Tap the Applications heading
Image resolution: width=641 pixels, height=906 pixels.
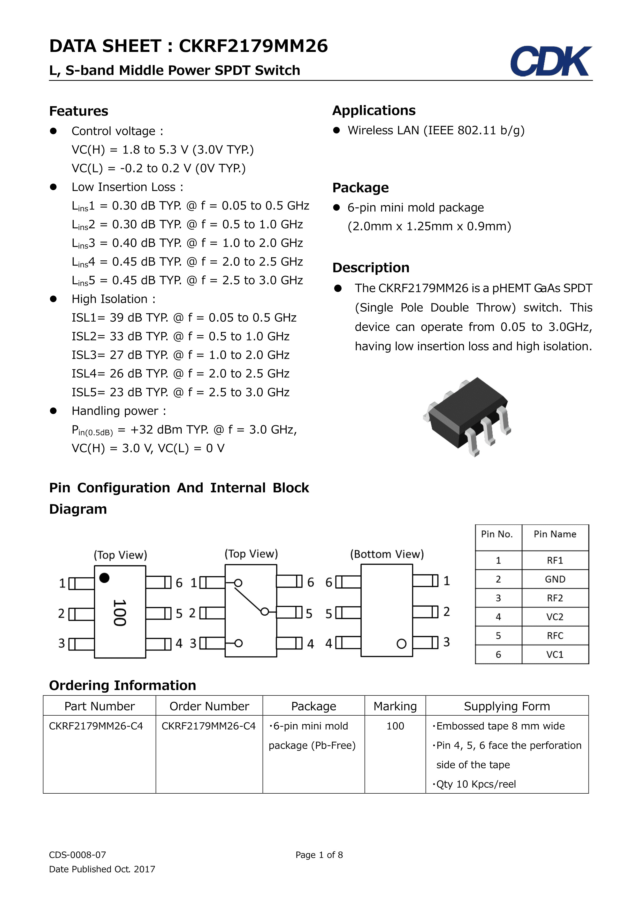point(374,111)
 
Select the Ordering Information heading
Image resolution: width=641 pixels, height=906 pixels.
point(122,685)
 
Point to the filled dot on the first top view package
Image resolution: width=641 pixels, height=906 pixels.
point(104,578)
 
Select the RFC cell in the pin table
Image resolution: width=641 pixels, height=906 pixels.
point(555,636)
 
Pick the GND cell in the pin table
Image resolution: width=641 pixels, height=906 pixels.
point(555,579)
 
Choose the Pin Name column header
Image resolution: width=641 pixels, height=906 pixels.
point(555,534)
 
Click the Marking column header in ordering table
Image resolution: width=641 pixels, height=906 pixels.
point(395,706)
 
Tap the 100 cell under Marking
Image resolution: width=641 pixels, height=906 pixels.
point(395,726)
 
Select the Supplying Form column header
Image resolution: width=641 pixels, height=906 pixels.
point(507,706)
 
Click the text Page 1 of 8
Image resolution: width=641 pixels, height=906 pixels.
point(319,855)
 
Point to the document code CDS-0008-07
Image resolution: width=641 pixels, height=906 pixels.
point(77,855)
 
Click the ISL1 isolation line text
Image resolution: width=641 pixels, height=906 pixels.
point(184,318)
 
